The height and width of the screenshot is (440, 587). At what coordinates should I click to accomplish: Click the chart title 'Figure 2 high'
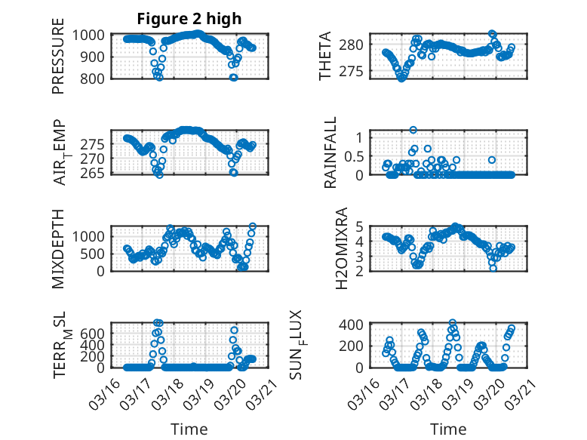pyautogui.click(x=189, y=19)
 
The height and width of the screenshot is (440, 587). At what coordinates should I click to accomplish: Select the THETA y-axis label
pyautogui.click(x=325, y=57)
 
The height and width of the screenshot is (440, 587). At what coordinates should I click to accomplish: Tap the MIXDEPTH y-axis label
pyautogui.click(x=58, y=248)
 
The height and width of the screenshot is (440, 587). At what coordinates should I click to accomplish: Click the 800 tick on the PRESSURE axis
pyautogui.click(x=95, y=78)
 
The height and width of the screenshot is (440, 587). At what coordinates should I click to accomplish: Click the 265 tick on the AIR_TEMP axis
pyautogui.click(x=95, y=173)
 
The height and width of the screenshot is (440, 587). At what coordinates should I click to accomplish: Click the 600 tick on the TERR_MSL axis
pyautogui.click(x=95, y=333)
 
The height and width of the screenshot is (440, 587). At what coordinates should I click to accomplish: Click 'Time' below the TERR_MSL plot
pyautogui.click(x=189, y=429)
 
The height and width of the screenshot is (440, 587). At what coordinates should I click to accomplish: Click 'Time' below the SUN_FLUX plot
pyautogui.click(x=448, y=429)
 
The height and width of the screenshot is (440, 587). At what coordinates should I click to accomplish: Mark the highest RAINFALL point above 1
pyautogui.click(x=413, y=131)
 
